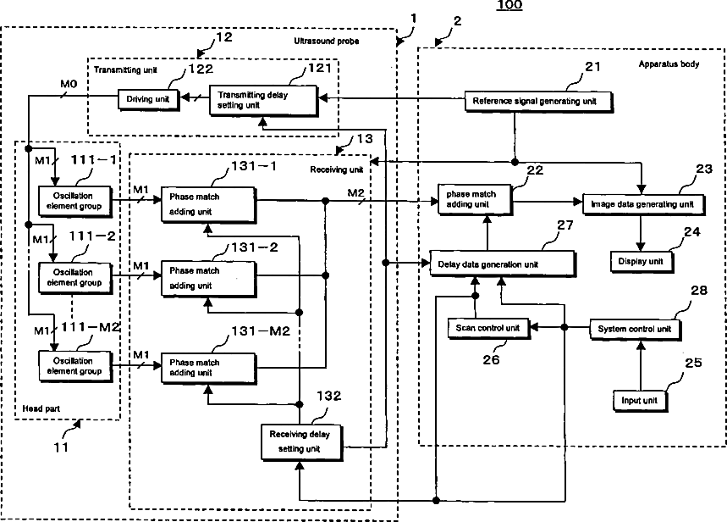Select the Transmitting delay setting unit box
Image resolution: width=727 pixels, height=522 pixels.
tap(264, 99)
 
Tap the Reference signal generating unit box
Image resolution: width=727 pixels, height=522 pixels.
tap(536, 102)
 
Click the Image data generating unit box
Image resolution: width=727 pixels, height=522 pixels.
tap(644, 203)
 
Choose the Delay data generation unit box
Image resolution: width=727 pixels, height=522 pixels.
tap(503, 264)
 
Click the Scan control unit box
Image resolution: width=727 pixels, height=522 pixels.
tap(487, 326)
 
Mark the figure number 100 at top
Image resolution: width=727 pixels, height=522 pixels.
tap(509, 6)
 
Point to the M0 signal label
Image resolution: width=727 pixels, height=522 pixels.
tap(69, 84)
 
